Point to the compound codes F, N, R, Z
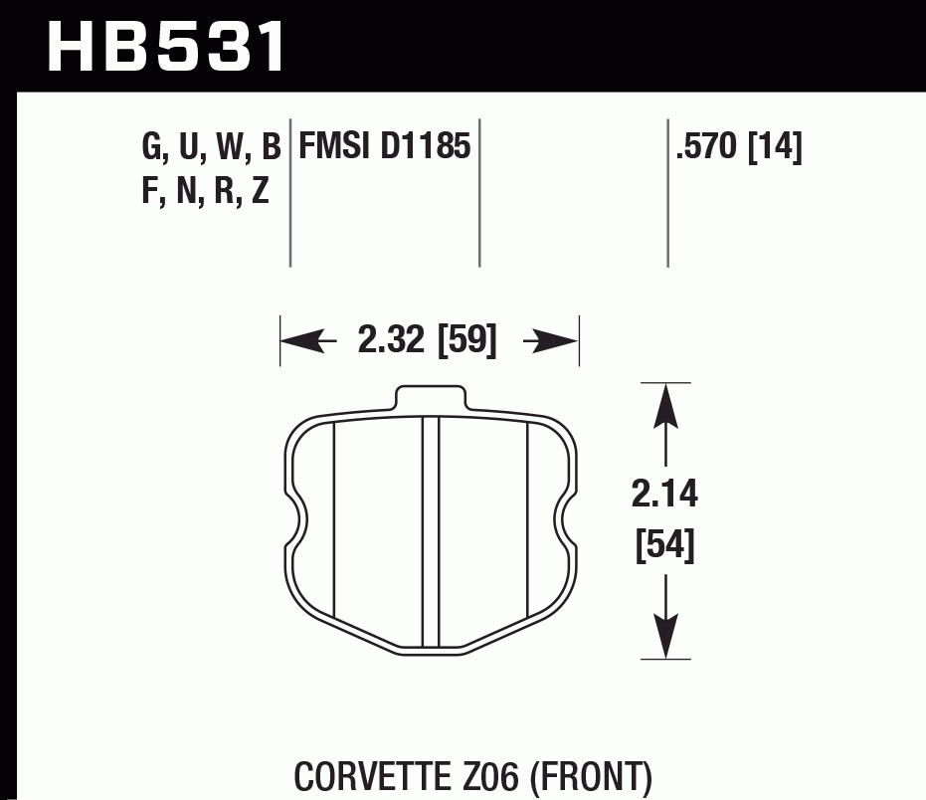206,190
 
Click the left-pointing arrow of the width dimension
302,342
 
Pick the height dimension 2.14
663,495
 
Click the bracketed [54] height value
663,546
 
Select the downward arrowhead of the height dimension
664,637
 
